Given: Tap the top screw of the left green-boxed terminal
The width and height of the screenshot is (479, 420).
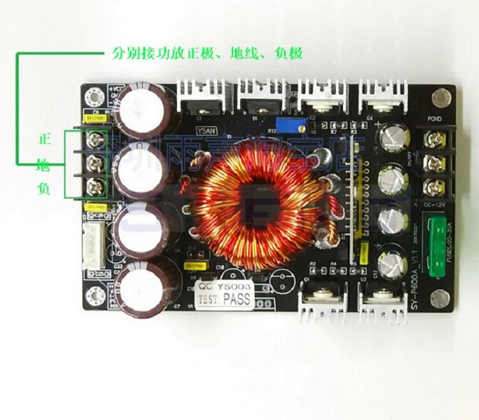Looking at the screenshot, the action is coord(97,137).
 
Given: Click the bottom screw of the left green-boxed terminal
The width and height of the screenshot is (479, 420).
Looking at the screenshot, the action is coord(97,187).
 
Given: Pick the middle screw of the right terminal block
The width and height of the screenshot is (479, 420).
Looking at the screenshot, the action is coord(437,159).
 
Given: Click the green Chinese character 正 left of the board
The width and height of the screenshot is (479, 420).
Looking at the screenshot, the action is coord(44,139).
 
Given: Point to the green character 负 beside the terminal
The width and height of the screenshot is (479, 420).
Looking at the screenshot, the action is coord(44,190).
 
